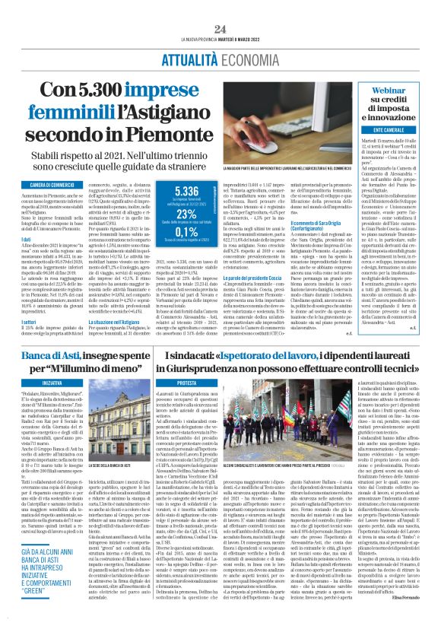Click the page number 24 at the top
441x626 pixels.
(220, 29)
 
